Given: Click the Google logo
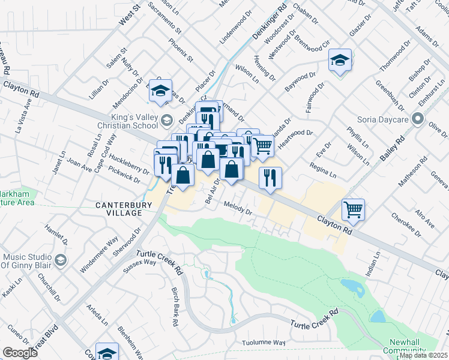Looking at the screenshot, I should (19, 353).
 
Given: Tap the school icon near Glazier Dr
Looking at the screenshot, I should (340, 61).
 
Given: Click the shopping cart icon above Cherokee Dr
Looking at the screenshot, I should (353, 210).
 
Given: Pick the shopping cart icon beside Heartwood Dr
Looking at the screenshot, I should (262, 146).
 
